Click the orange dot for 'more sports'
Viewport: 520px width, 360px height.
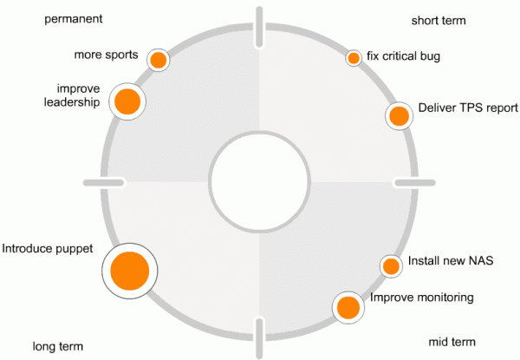[158, 60]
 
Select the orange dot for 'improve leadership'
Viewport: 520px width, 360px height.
[127, 101]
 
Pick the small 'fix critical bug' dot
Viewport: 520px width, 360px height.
[354, 58]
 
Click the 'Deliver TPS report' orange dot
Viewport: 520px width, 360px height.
[399, 115]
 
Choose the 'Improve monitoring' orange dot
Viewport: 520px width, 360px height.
[348, 306]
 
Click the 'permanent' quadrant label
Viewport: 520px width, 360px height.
[73, 18]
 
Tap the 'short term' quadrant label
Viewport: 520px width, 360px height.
[439, 19]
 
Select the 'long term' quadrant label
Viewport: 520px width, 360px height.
[57, 345]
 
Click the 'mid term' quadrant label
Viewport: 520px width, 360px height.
[452, 342]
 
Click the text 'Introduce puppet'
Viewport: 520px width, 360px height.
[47, 249]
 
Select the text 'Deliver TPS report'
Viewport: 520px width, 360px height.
[467, 108]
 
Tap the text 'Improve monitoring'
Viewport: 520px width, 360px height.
[422, 298]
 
